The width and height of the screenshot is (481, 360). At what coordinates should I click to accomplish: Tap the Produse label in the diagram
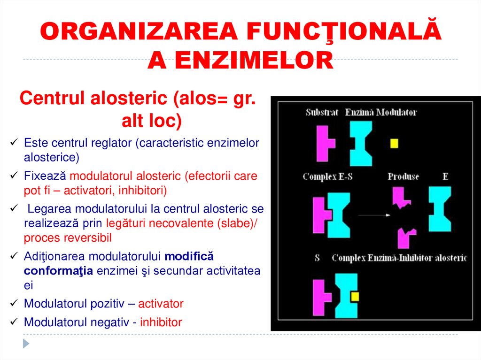[x=403, y=177]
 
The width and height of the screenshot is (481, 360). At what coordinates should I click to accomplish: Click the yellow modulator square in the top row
[x=394, y=143]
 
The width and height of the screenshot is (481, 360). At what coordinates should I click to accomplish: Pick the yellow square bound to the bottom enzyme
[x=355, y=296]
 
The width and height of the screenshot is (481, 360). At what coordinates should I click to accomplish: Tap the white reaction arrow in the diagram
[x=374, y=215]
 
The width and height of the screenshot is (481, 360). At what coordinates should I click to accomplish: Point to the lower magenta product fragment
[x=405, y=237]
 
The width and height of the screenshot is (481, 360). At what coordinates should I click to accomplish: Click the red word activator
[x=161, y=304]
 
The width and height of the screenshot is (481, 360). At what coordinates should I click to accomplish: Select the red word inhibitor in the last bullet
[x=161, y=322]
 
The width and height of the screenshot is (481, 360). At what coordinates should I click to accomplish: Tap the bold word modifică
[x=190, y=257]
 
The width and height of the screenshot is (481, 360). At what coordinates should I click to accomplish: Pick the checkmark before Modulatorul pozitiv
[x=14, y=303]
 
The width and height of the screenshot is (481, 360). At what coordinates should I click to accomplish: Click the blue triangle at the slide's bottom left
[x=26, y=344]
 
